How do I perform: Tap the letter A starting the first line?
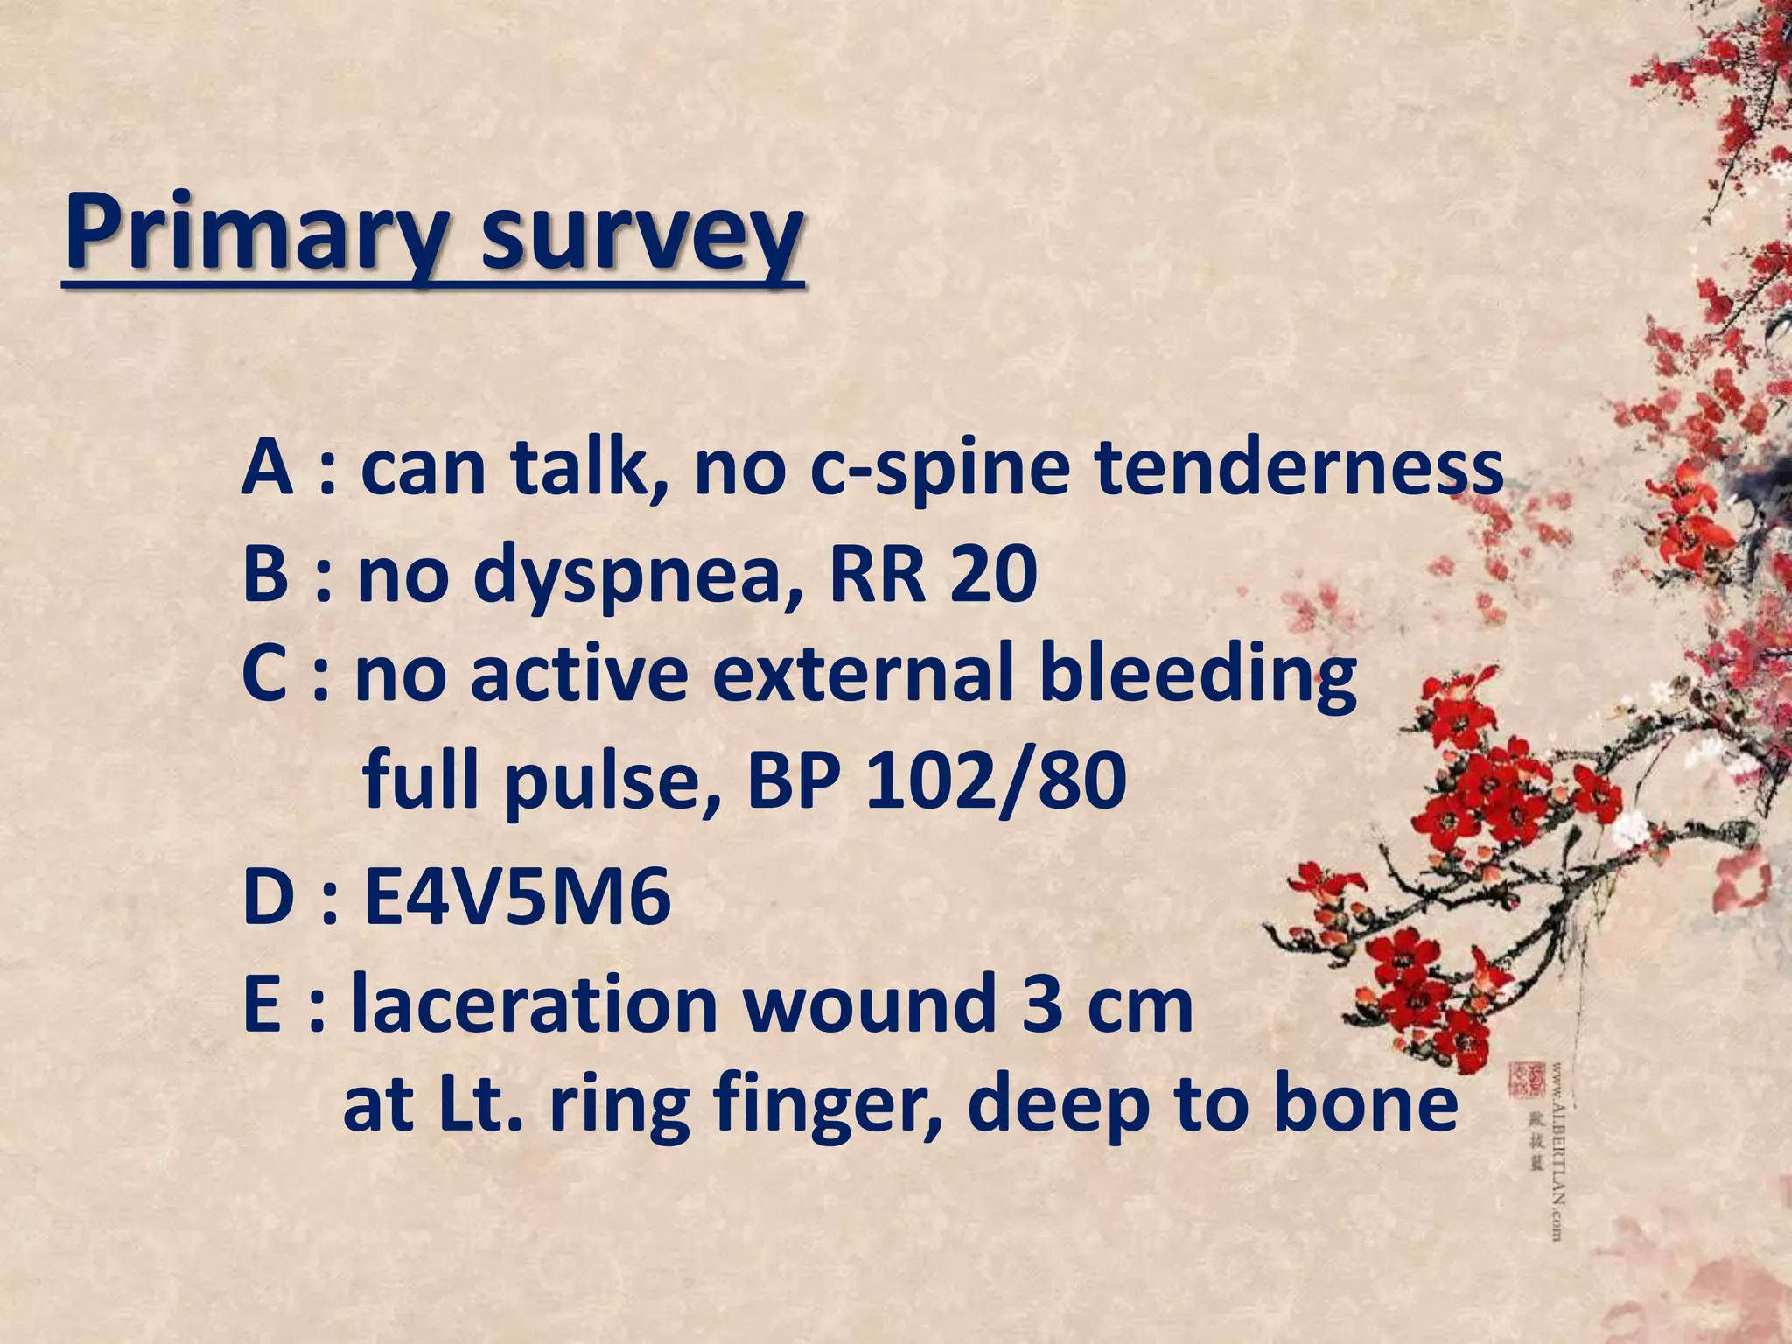(266, 467)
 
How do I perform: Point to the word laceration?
(535, 1004)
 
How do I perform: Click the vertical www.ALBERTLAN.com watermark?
(1557, 1151)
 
